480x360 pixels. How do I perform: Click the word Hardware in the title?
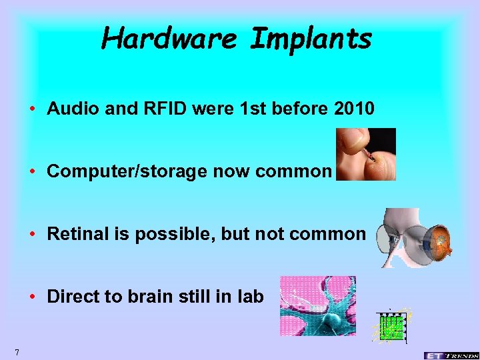click(170, 39)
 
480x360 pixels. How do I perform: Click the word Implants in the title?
click(311, 39)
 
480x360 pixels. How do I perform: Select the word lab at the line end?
click(251, 297)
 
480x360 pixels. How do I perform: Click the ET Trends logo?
click(450, 355)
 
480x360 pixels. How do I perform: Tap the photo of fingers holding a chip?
click(366, 154)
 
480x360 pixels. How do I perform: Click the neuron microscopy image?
click(317, 305)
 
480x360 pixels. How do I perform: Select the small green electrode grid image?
click(391, 327)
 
